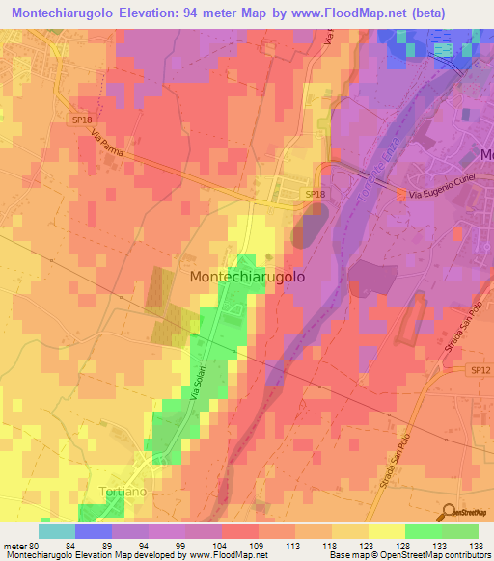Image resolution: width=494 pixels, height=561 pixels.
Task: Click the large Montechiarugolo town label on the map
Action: [249, 276]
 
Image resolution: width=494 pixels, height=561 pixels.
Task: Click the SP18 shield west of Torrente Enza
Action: [315, 195]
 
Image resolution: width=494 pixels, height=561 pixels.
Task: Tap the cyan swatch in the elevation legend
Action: [57, 531]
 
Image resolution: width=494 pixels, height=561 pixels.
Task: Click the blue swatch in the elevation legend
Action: [94, 531]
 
